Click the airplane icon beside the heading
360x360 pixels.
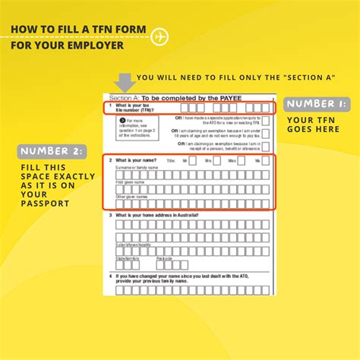coord(159,36)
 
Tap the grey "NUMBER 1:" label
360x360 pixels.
coord(317,103)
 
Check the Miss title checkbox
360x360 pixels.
coord(242,162)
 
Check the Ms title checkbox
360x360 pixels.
coord(267,162)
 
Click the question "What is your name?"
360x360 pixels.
coord(137,161)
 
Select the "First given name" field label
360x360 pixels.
coord(130,183)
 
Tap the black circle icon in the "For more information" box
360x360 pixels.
coord(122,121)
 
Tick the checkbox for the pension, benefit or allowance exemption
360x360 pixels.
coord(265,146)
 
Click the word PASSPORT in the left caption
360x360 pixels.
coord(45,204)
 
